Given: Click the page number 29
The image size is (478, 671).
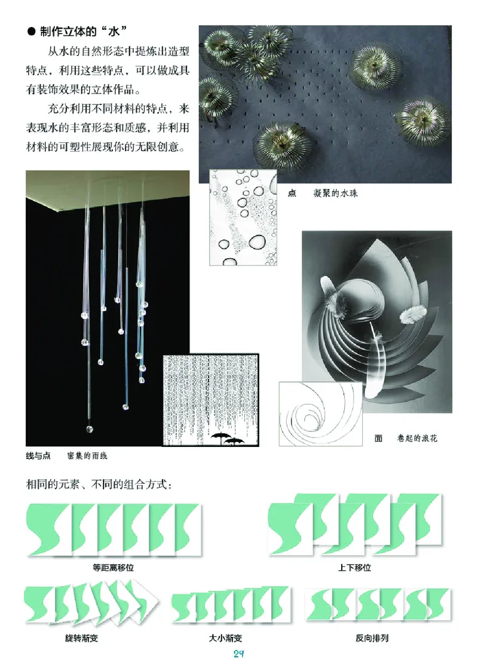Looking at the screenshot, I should tap(238, 654).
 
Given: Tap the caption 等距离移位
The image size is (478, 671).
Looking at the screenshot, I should tap(114, 568).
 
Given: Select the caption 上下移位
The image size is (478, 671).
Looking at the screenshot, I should tap(354, 568).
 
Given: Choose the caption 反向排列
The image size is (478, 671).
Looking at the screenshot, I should tap(372, 638).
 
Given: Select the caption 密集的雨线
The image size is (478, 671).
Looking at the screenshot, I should tap(87, 455).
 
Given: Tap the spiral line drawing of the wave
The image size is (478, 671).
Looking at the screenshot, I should tap(321, 413).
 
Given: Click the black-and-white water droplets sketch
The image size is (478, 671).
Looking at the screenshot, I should tap(243, 217).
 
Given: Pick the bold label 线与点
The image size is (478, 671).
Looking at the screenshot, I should tap(38, 455).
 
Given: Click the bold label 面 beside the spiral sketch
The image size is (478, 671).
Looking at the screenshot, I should tap(378, 439).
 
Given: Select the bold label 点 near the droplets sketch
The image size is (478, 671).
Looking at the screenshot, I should tap(292, 194).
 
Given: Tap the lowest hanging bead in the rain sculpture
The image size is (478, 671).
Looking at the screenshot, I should tap(90, 428).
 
